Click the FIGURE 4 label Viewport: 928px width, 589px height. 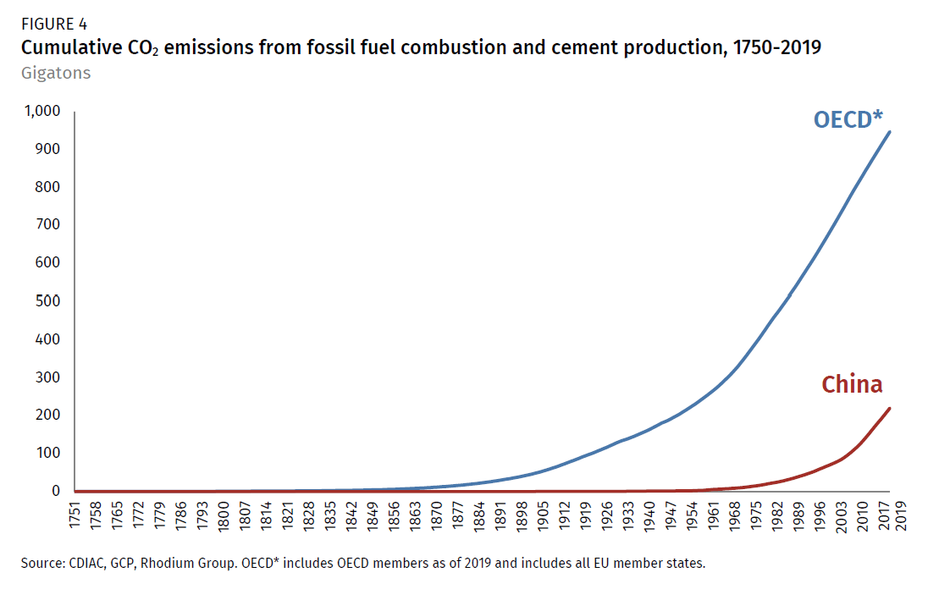click(x=54, y=25)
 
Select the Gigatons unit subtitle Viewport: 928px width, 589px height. click(x=55, y=73)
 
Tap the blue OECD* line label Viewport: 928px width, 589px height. click(x=854, y=119)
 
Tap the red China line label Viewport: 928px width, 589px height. click(x=852, y=384)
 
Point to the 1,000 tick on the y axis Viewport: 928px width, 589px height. click(x=41, y=111)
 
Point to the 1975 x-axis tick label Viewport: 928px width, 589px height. click(x=754, y=515)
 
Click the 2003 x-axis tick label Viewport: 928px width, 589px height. click(x=838, y=515)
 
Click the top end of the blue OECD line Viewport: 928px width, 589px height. click(x=890, y=131)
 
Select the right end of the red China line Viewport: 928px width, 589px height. click(x=890, y=408)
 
